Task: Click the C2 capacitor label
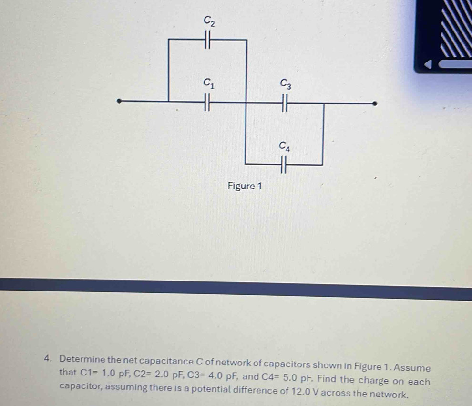coord(209,21)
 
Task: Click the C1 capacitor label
coord(209,83)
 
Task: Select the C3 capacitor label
coord(286,84)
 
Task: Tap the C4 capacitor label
coord(284,146)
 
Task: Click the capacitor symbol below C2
coord(207,40)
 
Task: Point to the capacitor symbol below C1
coord(207,102)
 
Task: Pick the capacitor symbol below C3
coord(285,103)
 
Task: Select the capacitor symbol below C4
coord(283,165)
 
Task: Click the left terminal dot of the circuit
coord(119,101)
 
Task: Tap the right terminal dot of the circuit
coord(374,104)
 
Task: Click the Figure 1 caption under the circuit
coord(245,186)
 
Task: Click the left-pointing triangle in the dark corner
coord(428,64)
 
